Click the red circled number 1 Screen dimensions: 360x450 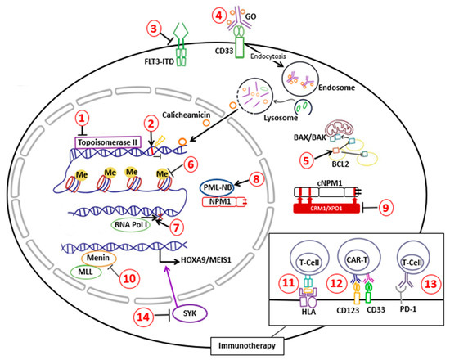point(81,120)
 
